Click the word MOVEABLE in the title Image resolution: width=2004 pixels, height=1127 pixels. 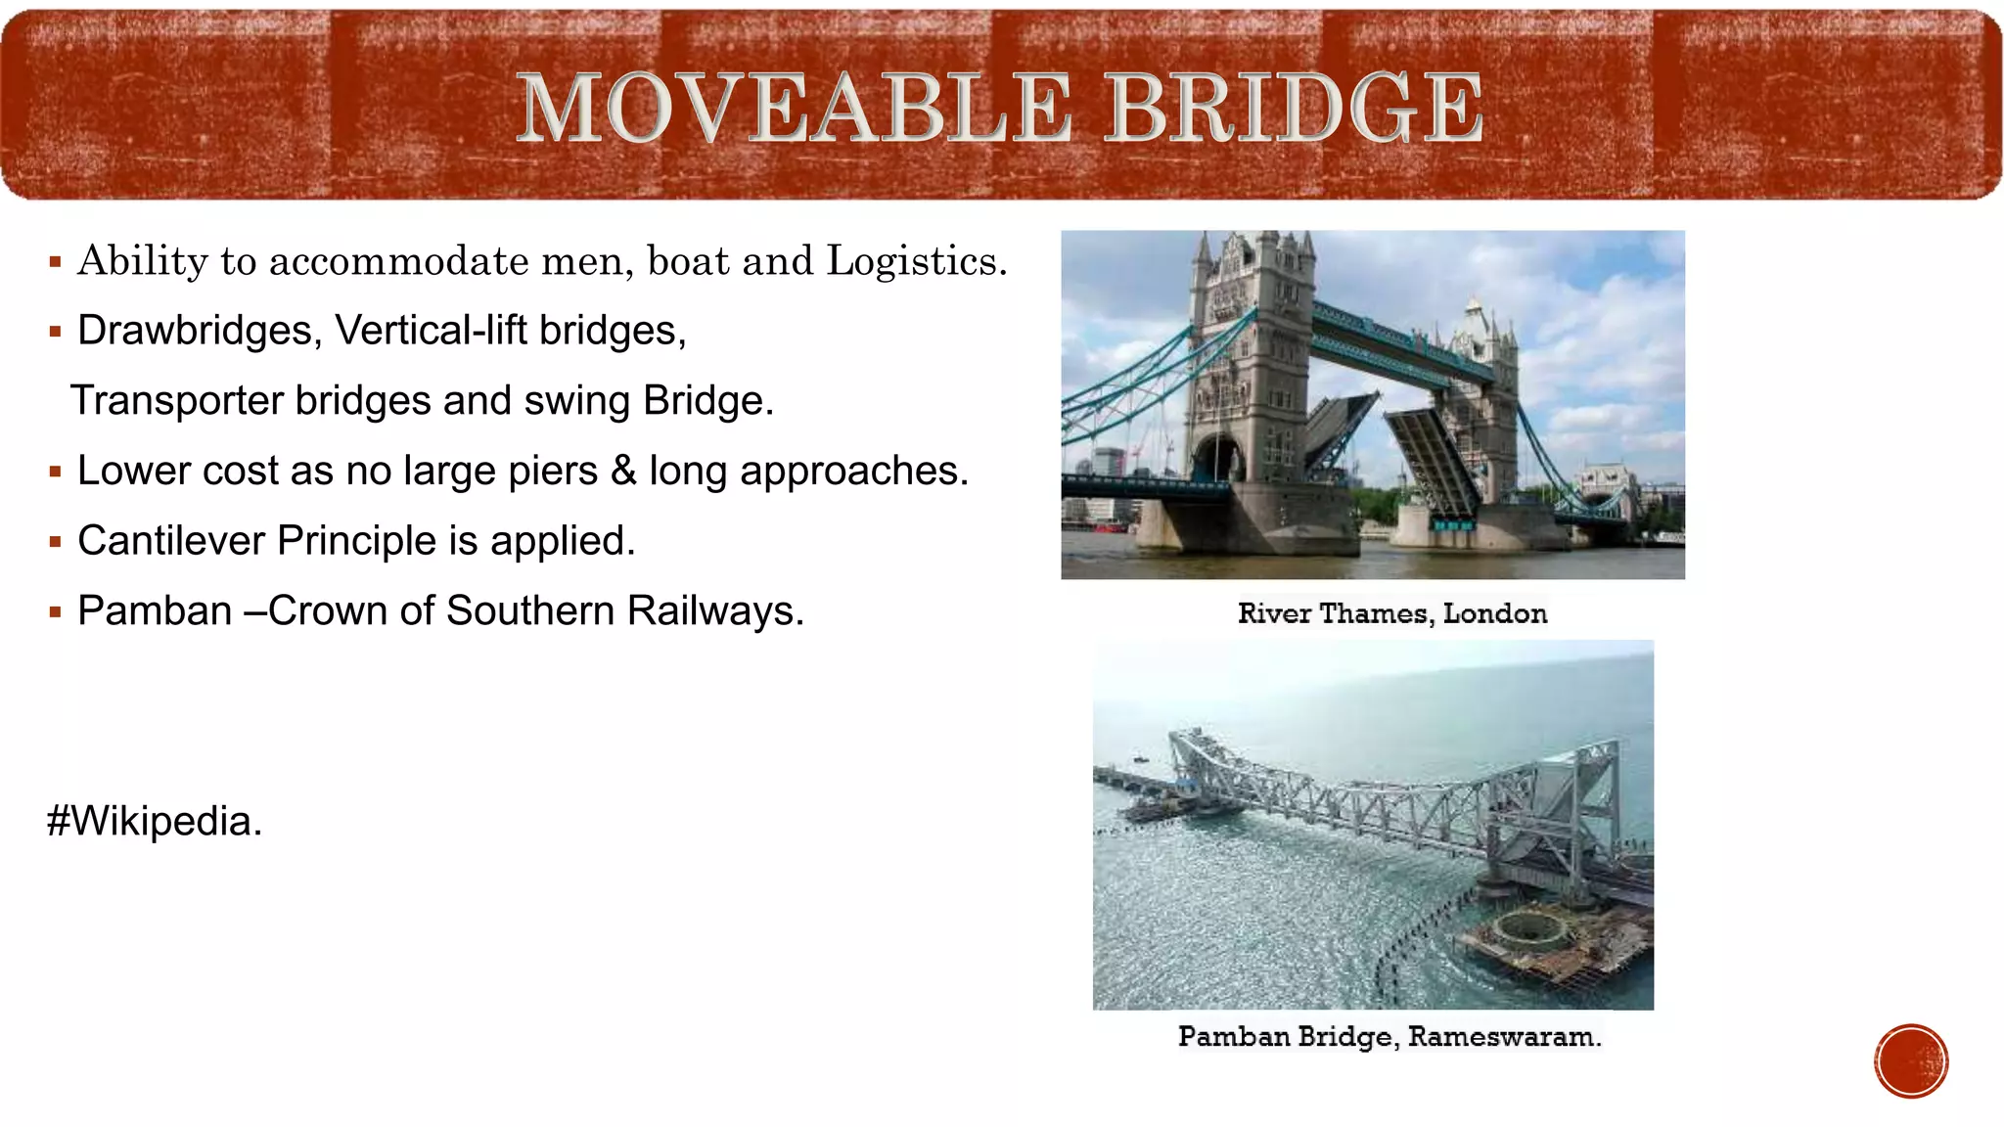click(794, 108)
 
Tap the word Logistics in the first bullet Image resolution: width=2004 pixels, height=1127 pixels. click(916, 261)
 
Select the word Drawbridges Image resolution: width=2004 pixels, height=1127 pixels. click(199, 331)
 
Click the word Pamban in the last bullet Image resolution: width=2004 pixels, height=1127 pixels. click(154, 611)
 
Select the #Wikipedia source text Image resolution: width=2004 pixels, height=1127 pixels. click(155, 822)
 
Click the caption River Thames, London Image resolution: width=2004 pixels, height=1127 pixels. click(1391, 614)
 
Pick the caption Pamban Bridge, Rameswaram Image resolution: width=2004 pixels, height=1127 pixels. click(1389, 1037)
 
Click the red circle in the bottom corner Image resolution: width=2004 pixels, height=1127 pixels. click(1911, 1061)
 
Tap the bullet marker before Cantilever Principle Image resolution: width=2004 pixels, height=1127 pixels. click(56, 542)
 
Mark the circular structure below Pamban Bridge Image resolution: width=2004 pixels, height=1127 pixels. click(1530, 925)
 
